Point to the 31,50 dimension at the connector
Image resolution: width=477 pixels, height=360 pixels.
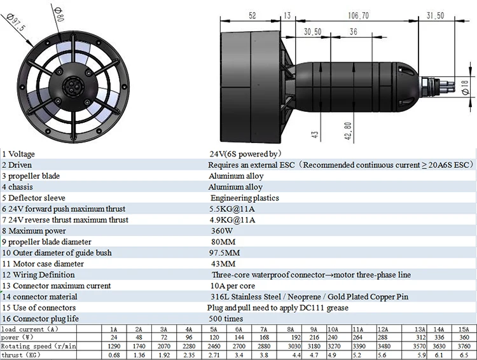(x=436, y=15)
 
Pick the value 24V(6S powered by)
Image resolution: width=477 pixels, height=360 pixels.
(x=245, y=154)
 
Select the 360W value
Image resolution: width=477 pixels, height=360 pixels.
(x=220, y=231)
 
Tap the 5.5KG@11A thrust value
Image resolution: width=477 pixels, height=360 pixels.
(x=232, y=209)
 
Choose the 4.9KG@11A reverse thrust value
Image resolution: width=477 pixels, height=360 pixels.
(x=232, y=220)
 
